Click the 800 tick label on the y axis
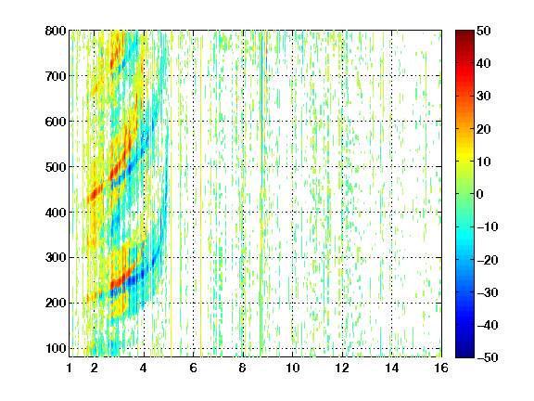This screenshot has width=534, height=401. pyautogui.click(x=56, y=31)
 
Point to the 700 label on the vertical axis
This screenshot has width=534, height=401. pyautogui.click(x=56, y=76)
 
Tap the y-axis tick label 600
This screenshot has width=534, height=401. pyautogui.click(x=56, y=122)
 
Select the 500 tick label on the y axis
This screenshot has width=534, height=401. pyautogui.click(x=56, y=167)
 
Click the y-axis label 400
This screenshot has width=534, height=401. pyautogui.click(x=56, y=213)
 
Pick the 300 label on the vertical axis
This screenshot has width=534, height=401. pyautogui.click(x=56, y=257)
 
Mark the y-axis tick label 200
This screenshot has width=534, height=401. pyautogui.click(x=56, y=303)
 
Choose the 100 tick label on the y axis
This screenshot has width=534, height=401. pyautogui.click(x=56, y=348)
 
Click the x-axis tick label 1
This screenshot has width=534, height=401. pyautogui.click(x=70, y=368)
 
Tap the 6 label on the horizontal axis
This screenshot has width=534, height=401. pyautogui.click(x=194, y=368)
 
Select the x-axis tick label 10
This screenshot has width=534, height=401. pyautogui.click(x=293, y=368)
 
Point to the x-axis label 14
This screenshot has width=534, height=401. pyautogui.click(x=392, y=368)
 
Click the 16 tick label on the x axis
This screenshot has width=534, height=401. pyautogui.click(x=441, y=368)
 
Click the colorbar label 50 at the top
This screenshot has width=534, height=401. pyautogui.click(x=484, y=31)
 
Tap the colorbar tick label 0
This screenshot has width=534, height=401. pyautogui.click(x=480, y=194)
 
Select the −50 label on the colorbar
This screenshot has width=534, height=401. pyautogui.click(x=488, y=357)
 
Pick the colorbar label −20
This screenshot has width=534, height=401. pyautogui.click(x=488, y=260)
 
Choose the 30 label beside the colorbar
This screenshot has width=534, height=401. pyautogui.click(x=484, y=97)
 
